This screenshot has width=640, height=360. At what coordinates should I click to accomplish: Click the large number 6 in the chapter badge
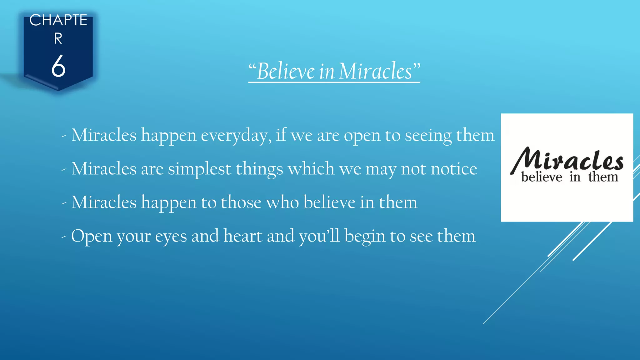58,66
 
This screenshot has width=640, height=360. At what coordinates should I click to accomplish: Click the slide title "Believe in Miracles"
334,71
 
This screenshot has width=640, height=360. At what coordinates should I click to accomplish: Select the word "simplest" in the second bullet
199,169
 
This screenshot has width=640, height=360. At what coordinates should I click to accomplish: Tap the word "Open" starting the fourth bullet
92,237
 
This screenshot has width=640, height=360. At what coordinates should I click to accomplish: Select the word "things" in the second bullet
259,169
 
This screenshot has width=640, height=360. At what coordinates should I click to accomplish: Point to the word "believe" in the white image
542,177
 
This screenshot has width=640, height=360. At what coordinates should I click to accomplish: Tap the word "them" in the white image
603,177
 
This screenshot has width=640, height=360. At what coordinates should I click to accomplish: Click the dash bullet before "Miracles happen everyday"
64,136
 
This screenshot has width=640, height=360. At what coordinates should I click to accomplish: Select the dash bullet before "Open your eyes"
64,237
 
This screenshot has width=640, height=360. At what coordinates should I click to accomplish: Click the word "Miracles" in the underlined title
375,71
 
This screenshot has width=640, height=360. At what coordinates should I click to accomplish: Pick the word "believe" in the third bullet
329,202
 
